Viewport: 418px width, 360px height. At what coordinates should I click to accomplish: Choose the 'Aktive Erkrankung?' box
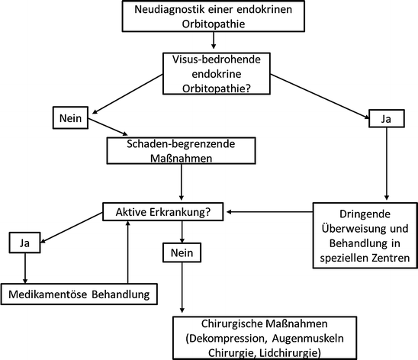point(164,211)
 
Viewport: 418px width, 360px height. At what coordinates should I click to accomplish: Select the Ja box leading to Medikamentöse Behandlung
point(25,244)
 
